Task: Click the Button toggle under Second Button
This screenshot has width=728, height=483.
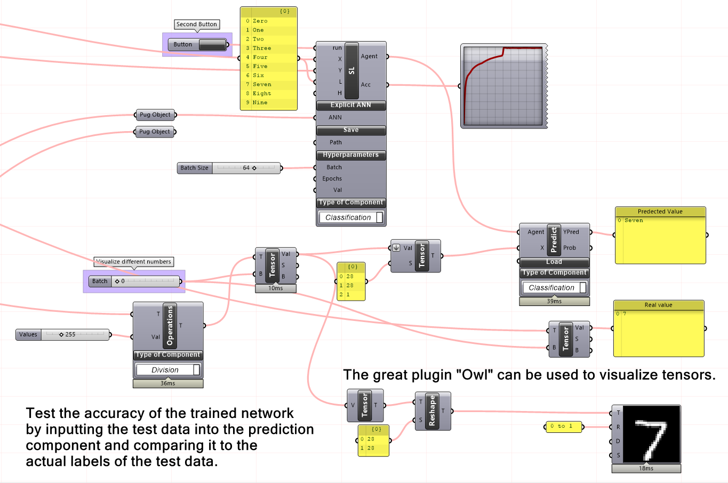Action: [x=212, y=45]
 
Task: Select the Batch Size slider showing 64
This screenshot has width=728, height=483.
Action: [x=246, y=168]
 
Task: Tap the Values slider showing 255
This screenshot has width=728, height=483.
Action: [x=75, y=335]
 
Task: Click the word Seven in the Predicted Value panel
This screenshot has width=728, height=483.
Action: [x=634, y=220]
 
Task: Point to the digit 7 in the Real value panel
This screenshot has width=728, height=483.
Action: [x=625, y=314]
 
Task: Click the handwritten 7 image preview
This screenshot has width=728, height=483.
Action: [x=652, y=434]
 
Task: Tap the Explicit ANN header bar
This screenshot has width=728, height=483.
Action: [x=350, y=105]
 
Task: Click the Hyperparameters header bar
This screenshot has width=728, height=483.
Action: [x=350, y=155]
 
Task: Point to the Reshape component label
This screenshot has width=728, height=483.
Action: [x=433, y=411]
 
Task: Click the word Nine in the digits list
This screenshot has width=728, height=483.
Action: [x=260, y=102]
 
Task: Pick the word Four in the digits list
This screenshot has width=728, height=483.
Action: [x=260, y=57]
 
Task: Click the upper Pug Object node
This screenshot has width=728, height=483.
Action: [x=155, y=115]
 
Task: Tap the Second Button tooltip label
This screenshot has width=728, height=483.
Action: [x=197, y=25]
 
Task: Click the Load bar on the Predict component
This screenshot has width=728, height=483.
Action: [x=554, y=262]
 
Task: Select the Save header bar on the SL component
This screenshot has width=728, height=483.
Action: [x=350, y=130]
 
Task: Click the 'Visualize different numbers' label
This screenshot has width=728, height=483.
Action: [x=134, y=262]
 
